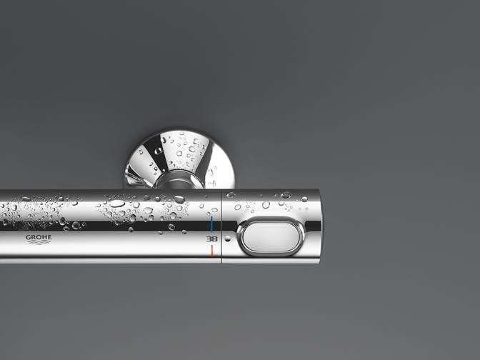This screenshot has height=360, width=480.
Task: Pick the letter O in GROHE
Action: pos(37,237)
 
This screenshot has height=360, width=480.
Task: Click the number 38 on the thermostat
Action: pos(211,238)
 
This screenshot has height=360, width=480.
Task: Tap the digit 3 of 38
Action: pos(209,238)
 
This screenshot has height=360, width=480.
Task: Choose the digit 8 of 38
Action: pos(214,238)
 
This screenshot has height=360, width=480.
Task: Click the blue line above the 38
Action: pos(211,222)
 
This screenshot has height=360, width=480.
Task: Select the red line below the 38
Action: pos(211,252)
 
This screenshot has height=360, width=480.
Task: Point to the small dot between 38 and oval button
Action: pos(228,237)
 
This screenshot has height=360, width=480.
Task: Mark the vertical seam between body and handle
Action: pos(221,225)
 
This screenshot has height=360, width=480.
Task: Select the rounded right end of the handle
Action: pos(315,225)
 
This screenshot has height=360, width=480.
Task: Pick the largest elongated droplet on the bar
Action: pos(116,203)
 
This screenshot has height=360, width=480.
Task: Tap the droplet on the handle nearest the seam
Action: pos(231,194)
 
